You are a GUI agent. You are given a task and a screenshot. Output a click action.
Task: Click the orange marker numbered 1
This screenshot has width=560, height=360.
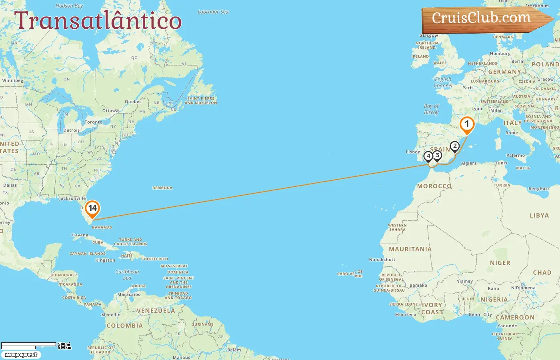(466, 124)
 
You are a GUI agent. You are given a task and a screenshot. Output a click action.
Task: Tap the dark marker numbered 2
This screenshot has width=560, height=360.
(454, 146)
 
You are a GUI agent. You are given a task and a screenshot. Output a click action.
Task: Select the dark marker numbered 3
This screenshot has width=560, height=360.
(437, 156)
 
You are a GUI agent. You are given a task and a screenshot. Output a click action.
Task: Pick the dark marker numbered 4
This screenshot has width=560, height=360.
(428, 156)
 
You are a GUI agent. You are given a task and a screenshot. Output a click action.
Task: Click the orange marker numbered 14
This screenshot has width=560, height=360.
(92, 208)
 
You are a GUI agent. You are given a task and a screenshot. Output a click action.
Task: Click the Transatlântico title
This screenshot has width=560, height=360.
(98, 21)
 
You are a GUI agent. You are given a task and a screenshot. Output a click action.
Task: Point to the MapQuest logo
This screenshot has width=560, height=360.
(21, 355)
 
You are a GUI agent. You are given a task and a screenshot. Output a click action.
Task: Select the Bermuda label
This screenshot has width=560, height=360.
(162, 188)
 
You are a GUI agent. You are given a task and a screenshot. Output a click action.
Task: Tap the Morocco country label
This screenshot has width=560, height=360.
(434, 186)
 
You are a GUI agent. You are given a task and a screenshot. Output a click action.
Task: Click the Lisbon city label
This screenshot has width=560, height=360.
(413, 152)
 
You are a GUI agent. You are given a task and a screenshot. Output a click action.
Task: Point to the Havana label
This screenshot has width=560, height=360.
(80, 235)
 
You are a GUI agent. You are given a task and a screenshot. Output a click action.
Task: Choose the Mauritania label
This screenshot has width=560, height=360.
(410, 249)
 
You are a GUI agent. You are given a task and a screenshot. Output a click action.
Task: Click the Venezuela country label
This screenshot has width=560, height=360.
(156, 311)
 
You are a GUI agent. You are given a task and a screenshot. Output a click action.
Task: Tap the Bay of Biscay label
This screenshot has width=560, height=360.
(431, 109)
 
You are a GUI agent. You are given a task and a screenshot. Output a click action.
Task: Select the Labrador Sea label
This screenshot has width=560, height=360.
(213, 12)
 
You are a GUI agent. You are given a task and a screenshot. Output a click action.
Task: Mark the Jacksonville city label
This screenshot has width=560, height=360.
(72, 198)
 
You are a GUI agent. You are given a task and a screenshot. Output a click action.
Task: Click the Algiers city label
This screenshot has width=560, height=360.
(468, 163)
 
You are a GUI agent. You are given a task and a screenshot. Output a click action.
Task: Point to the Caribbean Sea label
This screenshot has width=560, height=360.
(127, 275)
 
